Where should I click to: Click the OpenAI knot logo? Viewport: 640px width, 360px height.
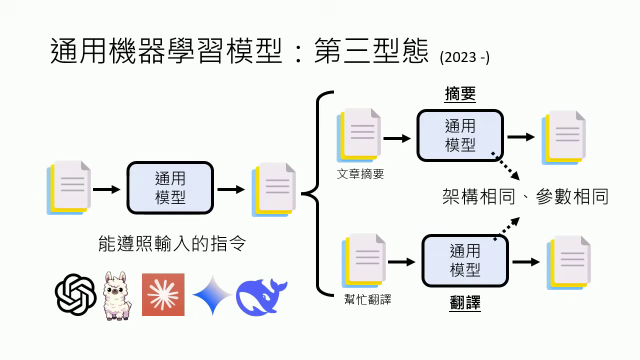click(x=75, y=294)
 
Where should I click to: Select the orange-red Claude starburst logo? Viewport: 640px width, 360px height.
click(x=163, y=294)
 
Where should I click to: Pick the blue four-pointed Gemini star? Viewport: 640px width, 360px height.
click(x=212, y=295)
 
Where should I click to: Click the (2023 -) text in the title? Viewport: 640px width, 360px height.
click(x=464, y=57)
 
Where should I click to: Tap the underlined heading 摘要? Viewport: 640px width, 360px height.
click(x=460, y=94)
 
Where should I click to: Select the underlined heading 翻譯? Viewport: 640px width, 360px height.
click(x=465, y=302)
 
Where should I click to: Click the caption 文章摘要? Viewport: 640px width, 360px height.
click(x=360, y=174)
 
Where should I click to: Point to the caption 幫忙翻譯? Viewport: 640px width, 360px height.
click(x=367, y=299)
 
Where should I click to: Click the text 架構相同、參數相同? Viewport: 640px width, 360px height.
click(x=525, y=196)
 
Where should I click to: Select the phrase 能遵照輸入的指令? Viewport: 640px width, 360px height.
click(x=172, y=244)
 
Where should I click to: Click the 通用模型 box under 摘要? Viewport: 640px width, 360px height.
click(x=460, y=135)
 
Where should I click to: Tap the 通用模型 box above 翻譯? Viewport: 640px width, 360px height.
click(x=465, y=260)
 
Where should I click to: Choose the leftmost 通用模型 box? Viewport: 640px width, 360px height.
click(x=170, y=188)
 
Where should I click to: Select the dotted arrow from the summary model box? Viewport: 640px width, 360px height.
click(x=506, y=166)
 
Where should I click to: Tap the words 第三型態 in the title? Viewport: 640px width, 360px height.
click(x=371, y=52)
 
